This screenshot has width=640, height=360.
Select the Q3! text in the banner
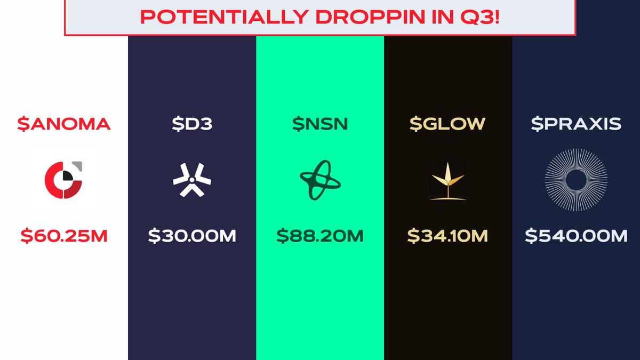pyautogui.click(x=480, y=17)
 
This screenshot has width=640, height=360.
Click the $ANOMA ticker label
pyautogui.click(x=63, y=124)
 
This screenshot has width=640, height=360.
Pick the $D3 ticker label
pyautogui.click(x=192, y=124)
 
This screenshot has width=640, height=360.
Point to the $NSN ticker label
pyautogui.click(x=320, y=124)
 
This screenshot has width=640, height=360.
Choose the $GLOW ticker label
pyautogui.click(x=447, y=124)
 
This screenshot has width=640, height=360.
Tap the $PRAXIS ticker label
pyautogui.click(x=576, y=124)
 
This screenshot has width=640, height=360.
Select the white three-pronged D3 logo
pyautogui.click(x=192, y=180)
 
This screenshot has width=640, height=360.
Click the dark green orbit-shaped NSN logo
pyautogui.click(x=320, y=180)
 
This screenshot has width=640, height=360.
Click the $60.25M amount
pyautogui.click(x=64, y=236)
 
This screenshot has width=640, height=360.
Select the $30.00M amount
pyautogui.click(x=192, y=236)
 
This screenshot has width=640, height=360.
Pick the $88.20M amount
pyautogui.click(x=320, y=236)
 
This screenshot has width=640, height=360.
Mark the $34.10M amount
pyautogui.click(x=447, y=236)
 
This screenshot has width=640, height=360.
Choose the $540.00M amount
pyautogui.click(x=576, y=236)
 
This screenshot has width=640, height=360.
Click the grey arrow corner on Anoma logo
pyautogui.click(x=78, y=165)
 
